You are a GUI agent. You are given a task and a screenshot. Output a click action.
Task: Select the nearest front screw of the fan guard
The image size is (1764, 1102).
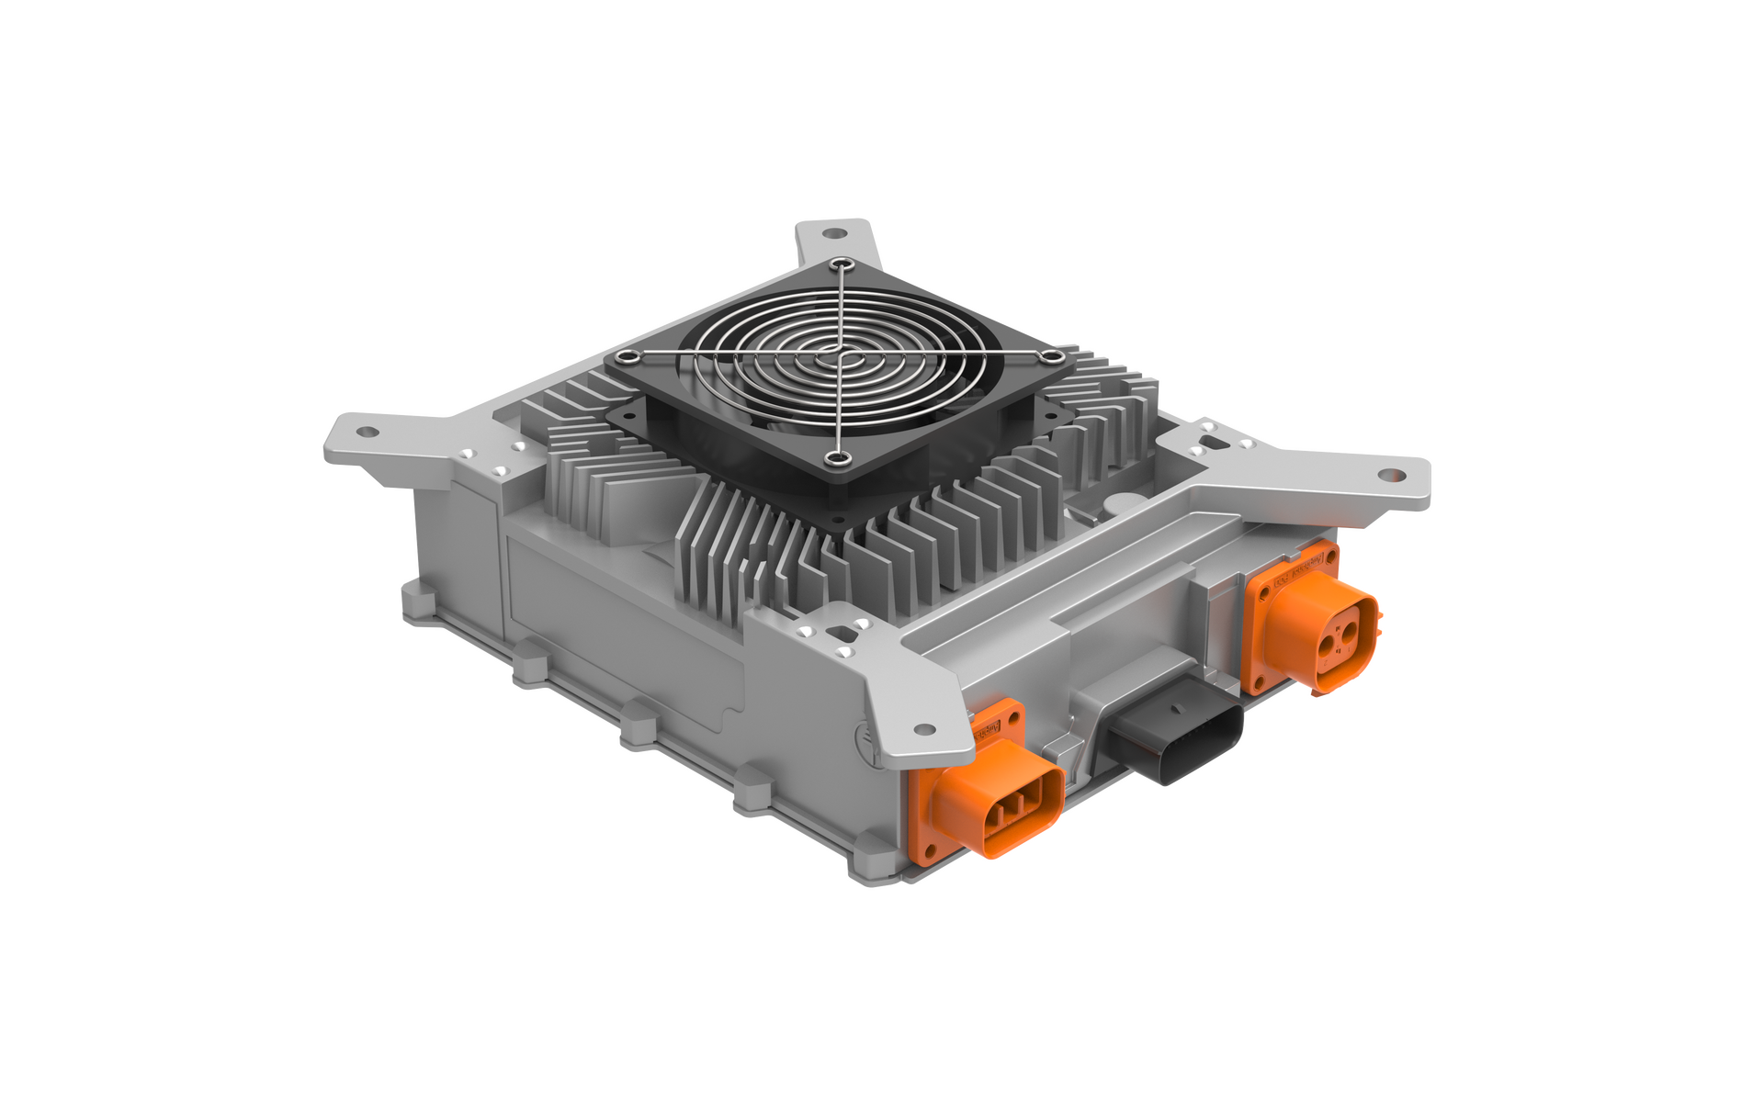836,456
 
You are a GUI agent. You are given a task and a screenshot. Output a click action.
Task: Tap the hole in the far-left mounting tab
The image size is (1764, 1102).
366,431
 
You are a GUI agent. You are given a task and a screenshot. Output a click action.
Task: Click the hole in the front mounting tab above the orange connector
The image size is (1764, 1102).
920,730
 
